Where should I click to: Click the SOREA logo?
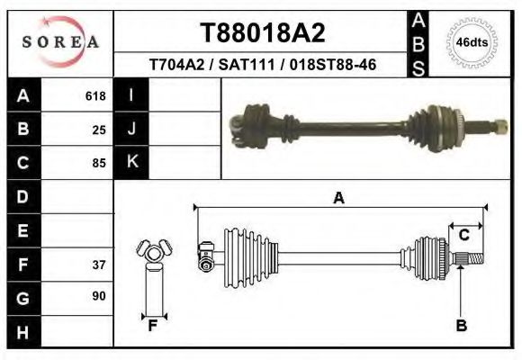tap(60, 41)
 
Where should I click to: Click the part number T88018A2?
tap(262, 32)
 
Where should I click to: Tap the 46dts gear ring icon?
tap(472, 42)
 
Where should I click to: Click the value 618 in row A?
tap(94, 96)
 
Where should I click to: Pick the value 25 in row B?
tap(99, 130)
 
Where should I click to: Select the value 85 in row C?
tap(99, 163)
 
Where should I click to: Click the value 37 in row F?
tap(99, 265)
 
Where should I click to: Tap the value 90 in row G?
tap(99, 296)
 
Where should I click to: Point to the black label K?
tap(131, 162)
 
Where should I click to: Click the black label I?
tap(131, 95)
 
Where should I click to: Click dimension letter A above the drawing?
tap(338, 198)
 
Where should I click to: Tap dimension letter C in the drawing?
tap(464, 235)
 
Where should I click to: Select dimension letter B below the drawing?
tap(461, 326)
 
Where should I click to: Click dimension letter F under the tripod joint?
tap(153, 326)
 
